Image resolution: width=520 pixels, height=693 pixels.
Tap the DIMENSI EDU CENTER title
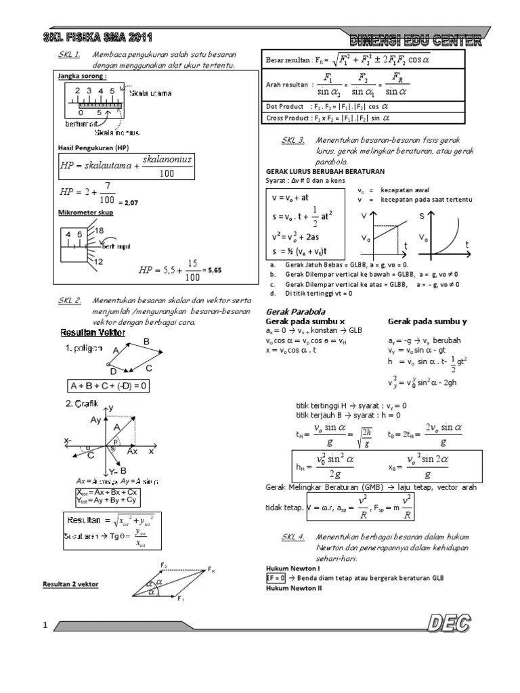click(x=417, y=41)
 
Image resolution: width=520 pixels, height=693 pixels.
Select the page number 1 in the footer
click(x=45, y=627)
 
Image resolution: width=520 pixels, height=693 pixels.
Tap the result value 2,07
click(x=129, y=202)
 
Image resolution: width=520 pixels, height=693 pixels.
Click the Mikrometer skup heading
click(x=87, y=213)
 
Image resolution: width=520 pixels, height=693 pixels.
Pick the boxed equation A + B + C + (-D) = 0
click(x=109, y=386)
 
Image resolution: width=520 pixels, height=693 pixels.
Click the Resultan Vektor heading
click(x=89, y=333)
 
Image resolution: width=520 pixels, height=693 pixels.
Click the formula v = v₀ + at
click(x=290, y=200)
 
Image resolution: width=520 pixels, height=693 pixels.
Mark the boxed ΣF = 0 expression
click(x=272, y=579)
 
